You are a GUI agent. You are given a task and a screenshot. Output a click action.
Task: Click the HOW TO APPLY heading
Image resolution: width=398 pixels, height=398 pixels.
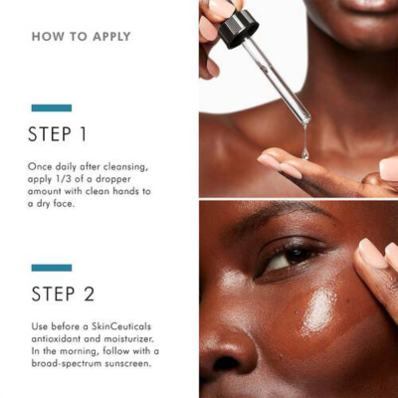81,37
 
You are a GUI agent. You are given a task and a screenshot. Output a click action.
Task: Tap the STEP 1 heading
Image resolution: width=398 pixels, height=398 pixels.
59,133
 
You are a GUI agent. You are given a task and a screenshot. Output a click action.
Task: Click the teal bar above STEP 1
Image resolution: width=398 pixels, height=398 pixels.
51,107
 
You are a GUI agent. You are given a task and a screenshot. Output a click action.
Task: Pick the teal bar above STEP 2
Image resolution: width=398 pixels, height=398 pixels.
51,267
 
